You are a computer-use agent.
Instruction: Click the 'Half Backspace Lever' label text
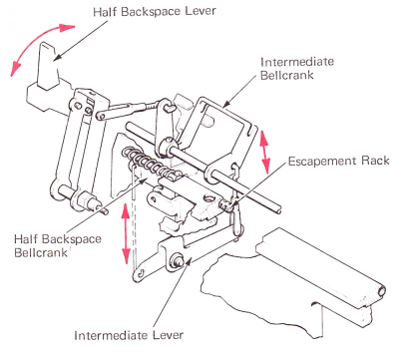click(155, 11)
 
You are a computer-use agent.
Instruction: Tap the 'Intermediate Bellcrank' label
click(297, 68)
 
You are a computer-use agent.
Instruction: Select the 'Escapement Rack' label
click(338, 162)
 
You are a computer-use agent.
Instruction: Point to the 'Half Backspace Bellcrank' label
click(58, 245)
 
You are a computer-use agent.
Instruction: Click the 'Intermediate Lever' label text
click(129, 335)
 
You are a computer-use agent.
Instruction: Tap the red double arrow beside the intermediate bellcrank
click(265, 152)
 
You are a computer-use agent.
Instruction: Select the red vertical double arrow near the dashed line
click(126, 233)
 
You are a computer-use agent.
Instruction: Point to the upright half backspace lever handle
click(48, 67)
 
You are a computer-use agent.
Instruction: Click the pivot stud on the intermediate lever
click(177, 258)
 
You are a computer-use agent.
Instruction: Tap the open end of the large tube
click(382, 291)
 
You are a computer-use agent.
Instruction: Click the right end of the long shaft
click(280, 209)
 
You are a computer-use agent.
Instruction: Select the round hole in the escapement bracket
click(208, 198)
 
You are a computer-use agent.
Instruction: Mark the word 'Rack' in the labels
click(376, 162)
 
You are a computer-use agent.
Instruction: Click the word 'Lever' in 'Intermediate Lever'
click(168, 335)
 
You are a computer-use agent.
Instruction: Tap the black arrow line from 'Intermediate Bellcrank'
click(240, 92)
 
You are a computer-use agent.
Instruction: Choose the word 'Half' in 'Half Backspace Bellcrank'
click(27, 239)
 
